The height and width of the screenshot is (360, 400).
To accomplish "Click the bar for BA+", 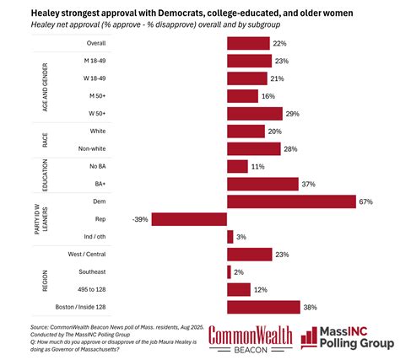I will click(x=263, y=183).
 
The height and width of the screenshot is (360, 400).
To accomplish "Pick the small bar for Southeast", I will click(x=229, y=271).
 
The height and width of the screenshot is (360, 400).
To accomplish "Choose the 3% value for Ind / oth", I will click(x=241, y=237).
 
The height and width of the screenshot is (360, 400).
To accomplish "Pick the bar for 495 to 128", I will click(x=239, y=289).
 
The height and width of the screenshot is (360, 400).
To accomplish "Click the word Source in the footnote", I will click(x=40, y=326).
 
